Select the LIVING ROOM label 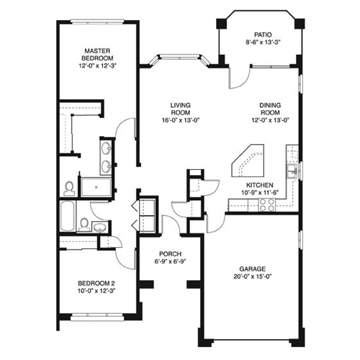180,109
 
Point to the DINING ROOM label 270,109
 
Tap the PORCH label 171,253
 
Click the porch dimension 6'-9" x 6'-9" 171,261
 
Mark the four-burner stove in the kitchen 264,203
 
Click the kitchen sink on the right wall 292,171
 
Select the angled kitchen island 248,162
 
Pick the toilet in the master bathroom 69,188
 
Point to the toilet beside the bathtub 84,224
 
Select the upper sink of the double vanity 107,150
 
